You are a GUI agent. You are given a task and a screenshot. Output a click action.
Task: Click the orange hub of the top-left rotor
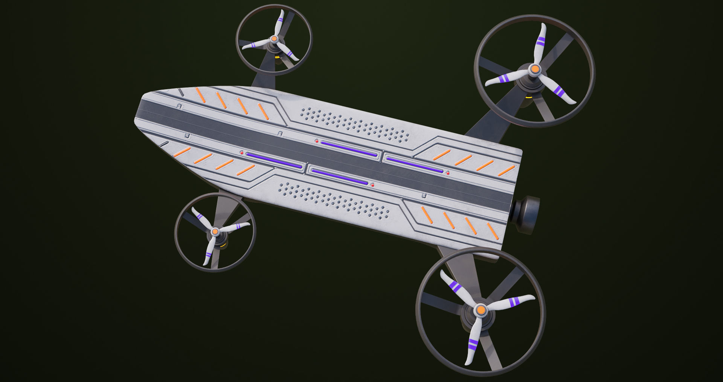[x=274, y=38]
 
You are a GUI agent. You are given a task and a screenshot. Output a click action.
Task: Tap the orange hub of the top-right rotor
[x=535, y=69]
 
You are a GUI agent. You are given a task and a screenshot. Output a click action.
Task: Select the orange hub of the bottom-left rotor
[x=215, y=231]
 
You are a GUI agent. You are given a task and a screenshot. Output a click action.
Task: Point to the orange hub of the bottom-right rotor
[x=480, y=310]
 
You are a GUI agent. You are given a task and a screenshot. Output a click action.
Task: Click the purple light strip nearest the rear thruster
[x=414, y=165]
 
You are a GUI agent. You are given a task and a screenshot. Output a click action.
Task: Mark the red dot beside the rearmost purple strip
[x=448, y=173]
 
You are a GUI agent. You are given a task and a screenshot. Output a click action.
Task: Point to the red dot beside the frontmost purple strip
[x=242, y=153]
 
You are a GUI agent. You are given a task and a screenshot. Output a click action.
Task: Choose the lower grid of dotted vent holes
[x=333, y=200]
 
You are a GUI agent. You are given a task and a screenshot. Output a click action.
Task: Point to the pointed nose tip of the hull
[x=136, y=120]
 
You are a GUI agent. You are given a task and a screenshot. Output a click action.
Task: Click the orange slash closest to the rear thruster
[x=492, y=231]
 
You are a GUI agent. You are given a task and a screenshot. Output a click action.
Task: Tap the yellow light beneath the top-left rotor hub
[x=278, y=57]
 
